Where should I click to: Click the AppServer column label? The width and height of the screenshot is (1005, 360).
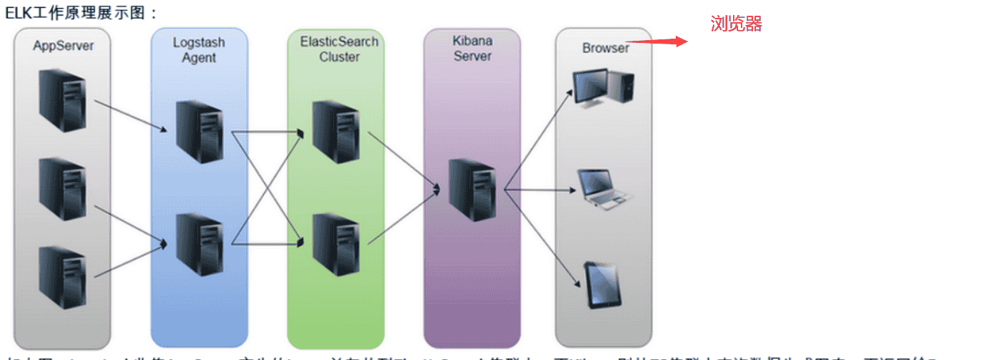pyautogui.click(x=63, y=46)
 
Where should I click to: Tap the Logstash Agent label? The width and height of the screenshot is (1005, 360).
pyautogui.click(x=198, y=50)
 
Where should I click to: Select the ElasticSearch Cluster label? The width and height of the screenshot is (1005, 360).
pyautogui.click(x=339, y=49)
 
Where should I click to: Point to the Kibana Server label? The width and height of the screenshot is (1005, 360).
pyautogui.click(x=472, y=49)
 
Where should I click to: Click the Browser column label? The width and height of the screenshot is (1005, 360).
pyautogui.click(x=605, y=48)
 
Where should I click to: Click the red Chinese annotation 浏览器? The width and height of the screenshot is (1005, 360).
pyautogui.click(x=736, y=24)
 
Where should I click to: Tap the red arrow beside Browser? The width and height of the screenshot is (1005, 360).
pyautogui.click(x=656, y=42)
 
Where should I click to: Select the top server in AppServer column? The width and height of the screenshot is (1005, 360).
pyautogui.click(x=63, y=99)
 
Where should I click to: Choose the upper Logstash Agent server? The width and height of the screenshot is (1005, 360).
pyautogui.click(x=200, y=132)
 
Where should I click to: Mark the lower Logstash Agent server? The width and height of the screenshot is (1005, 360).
pyautogui.click(x=200, y=244)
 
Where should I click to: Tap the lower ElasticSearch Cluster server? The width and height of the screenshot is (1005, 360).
pyautogui.click(x=335, y=244)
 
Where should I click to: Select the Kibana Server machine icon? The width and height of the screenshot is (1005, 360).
pyautogui.click(x=472, y=190)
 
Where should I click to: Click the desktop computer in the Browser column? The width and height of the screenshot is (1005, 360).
pyautogui.click(x=603, y=87)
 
